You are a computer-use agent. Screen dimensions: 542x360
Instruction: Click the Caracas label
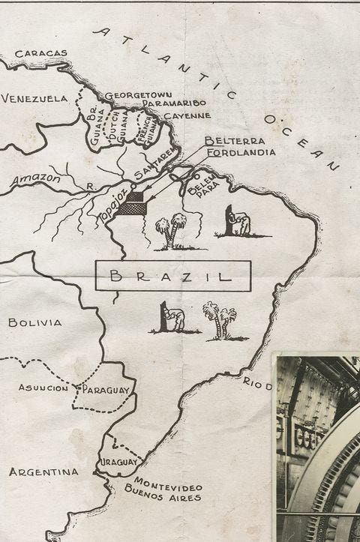point(41,53)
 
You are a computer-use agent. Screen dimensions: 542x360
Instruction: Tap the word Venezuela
point(34,98)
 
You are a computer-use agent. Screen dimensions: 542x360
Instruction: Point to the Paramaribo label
point(174,103)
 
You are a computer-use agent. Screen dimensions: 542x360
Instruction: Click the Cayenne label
point(187,115)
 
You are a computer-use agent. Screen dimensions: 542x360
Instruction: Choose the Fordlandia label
point(240,151)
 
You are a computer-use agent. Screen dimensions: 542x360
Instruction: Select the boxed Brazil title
point(172,276)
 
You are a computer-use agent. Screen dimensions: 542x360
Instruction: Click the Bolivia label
point(34,322)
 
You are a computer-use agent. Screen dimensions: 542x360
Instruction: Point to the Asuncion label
point(43,388)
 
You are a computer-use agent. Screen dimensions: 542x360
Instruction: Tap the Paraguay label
point(106,390)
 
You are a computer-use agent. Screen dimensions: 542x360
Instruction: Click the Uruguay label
point(119,462)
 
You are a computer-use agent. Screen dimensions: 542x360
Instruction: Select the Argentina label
point(43,472)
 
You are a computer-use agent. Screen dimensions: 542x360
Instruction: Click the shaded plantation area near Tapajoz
point(133,203)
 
